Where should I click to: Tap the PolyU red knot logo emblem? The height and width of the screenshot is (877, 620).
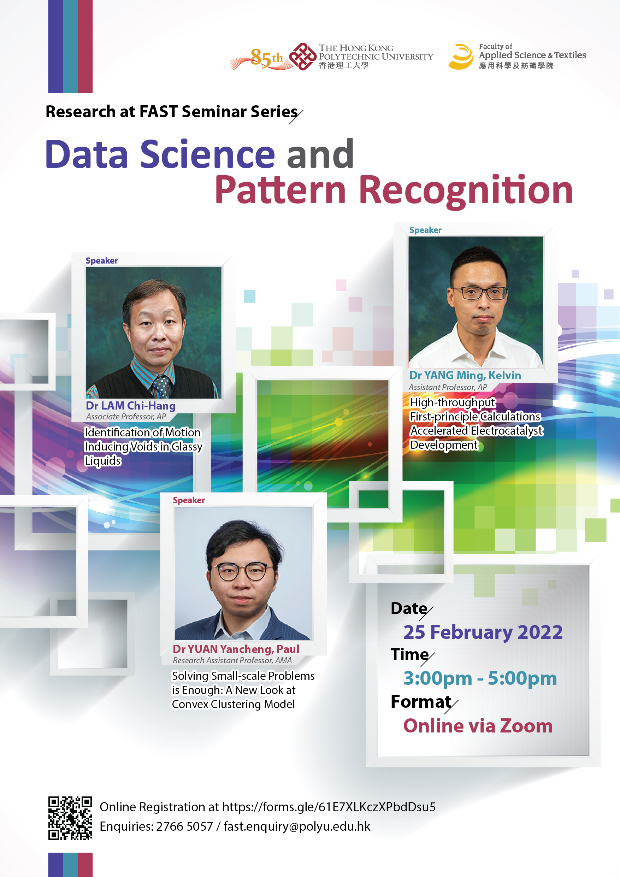point(302,57)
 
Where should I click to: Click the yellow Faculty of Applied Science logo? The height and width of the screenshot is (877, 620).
point(461,57)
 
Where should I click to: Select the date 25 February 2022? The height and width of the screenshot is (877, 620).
point(483,632)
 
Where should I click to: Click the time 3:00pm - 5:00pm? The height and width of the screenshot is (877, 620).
point(480,679)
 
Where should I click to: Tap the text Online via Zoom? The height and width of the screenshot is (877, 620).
point(478,726)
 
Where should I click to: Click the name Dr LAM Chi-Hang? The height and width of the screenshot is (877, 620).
point(131,406)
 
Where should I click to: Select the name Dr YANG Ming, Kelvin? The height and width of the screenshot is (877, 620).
point(465,376)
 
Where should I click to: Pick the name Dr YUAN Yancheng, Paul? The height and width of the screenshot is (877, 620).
point(236,649)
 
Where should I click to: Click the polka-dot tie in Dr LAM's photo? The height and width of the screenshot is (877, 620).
point(162,386)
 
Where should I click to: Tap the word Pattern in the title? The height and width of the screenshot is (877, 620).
point(281,190)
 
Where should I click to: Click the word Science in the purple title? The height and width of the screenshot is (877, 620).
point(207,154)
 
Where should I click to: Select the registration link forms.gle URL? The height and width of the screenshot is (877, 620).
point(329,807)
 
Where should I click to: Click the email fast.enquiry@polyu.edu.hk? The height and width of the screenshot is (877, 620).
point(297,826)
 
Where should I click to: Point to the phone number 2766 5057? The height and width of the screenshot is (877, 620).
point(184,826)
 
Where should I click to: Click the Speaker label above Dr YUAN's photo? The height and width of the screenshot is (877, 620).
point(189,500)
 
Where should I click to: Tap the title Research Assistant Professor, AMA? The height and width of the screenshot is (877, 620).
point(232,660)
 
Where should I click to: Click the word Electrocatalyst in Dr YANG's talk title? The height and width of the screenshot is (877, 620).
point(507,431)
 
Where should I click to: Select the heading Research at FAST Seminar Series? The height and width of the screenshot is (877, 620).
point(172,112)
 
